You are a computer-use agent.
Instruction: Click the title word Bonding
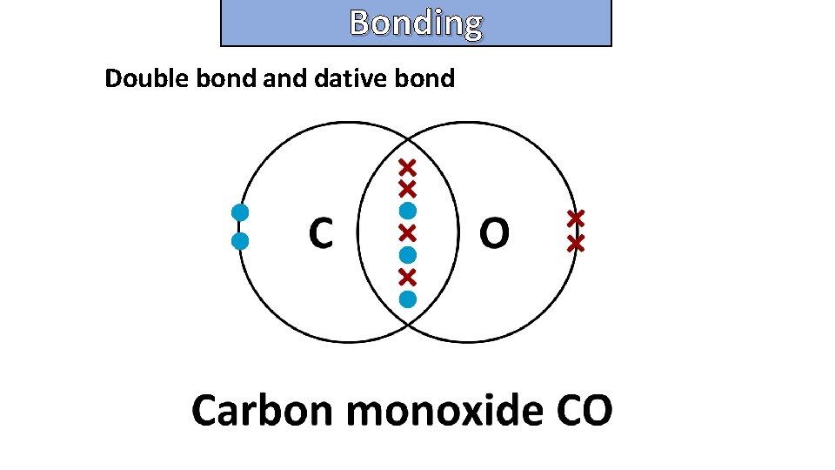coord(416,23)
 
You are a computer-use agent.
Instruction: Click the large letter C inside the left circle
coord(320,232)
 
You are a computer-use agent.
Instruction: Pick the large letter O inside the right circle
coord(494,232)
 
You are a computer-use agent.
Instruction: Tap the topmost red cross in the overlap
coord(407,166)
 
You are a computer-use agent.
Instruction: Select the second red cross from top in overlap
coord(407,188)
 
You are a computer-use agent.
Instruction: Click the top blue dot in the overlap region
coord(407,211)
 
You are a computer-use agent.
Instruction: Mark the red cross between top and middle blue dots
coord(407,232)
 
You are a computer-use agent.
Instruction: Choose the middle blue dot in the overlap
coord(407,255)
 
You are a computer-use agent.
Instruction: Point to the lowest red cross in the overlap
coord(407,277)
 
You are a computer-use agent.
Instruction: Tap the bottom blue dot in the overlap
coord(407,299)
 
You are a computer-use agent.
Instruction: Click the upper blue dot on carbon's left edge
coord(241,211)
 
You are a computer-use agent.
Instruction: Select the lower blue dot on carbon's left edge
coord(241,240)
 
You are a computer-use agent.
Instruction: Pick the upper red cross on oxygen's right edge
coord(575,217)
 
